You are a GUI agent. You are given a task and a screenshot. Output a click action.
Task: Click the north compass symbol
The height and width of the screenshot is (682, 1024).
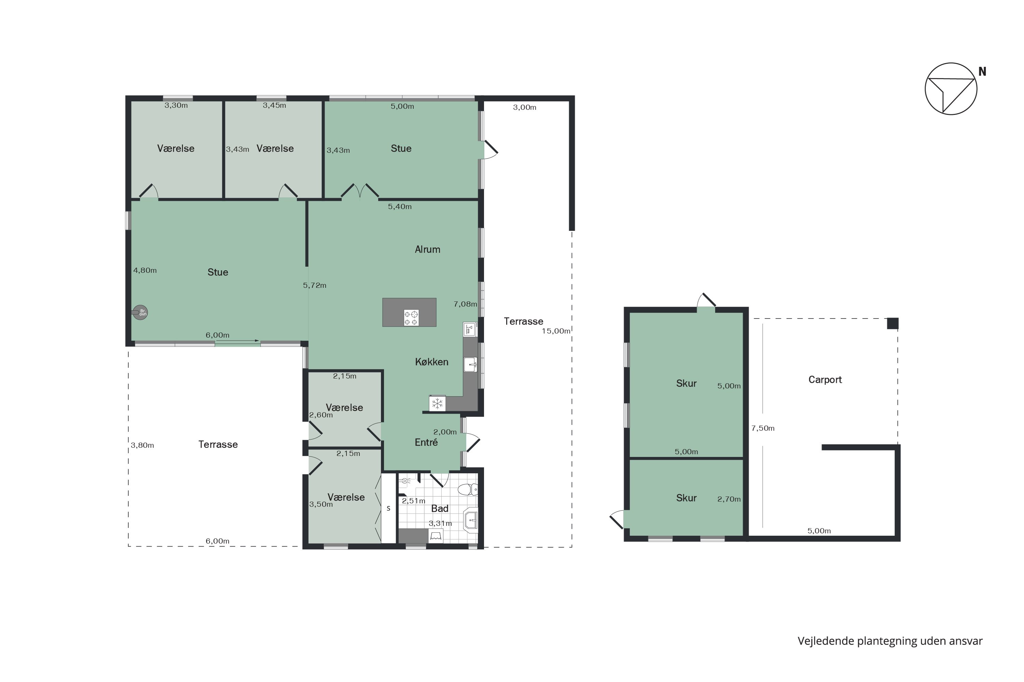(951, 89)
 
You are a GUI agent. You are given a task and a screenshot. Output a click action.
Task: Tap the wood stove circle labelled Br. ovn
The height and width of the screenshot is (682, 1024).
(141, 312)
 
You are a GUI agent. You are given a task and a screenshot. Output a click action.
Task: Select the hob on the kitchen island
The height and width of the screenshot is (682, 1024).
(411, 317)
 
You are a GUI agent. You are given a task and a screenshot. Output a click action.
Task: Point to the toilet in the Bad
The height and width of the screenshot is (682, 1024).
(468, 489)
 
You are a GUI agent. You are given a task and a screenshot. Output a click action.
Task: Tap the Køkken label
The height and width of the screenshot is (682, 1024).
(431, 362)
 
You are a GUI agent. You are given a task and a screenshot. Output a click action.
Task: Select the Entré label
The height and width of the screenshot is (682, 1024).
(426, 442)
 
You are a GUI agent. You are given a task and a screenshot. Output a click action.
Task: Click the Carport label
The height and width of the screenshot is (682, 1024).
(825, 380)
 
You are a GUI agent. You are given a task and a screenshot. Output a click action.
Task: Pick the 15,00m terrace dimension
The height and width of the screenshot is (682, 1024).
(556, 331)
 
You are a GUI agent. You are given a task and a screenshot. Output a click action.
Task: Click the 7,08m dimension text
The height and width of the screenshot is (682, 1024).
(465, 304)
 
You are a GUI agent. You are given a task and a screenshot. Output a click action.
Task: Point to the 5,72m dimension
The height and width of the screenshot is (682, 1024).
(314, 285)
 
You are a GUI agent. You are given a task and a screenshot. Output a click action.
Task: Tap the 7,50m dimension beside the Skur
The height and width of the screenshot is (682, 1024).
(763, 428)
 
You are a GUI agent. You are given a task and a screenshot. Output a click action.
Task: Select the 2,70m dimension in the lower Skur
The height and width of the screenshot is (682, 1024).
(729, 499)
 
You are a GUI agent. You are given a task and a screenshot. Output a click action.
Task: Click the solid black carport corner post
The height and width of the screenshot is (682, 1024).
(893, 323)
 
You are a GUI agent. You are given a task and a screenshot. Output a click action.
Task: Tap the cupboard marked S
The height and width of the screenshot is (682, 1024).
(388, 508)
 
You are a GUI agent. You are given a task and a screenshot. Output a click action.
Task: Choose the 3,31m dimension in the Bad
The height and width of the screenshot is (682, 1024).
(440, 523)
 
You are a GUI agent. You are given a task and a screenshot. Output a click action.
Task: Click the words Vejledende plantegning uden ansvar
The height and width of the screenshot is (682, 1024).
(890, 641)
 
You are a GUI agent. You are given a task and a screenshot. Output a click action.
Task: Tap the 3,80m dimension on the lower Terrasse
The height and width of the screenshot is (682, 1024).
(142, 445)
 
